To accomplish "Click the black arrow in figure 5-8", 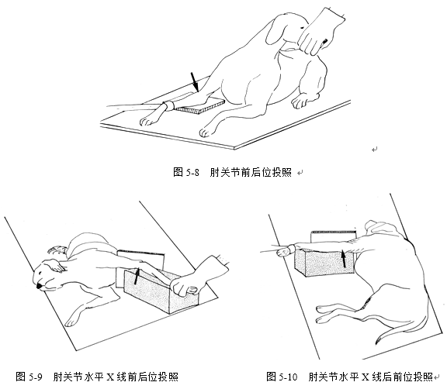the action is pyautogui.click(x=194, y=81).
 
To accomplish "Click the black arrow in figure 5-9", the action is pyautogui.click(x=137, y=276).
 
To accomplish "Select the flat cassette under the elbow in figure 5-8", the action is pyautogui.click(x=199, y=105).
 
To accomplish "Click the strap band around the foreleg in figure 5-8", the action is pyautogui.click(x=168, y=105).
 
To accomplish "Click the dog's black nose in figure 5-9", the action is pyautogui.click(x=39, y=285).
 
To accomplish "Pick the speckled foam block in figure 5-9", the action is pyautogui.click(x=161, y=291).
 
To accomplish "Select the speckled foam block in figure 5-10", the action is pyautogui.click(x=324, y=261).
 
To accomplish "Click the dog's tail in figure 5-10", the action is pyautogui.click(x=402, y=327).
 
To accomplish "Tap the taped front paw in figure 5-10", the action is pyautogui.click(x=284, y=251).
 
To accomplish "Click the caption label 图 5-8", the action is pyautogui.click(x=186, y=172).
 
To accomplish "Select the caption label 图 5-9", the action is pyautogui.click(x=29, y=377).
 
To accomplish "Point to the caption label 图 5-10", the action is pyautogui.click(x=282, y=377).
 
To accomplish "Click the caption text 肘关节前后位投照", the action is pyautogui.click(x=251, y=172).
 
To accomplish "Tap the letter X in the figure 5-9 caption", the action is pyautogui.click(x=110, y=377).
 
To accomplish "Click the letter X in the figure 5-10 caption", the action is pyautogui.click(x=366, y=377).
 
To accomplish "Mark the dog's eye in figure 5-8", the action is pyautogui.click(x=301, y=27).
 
